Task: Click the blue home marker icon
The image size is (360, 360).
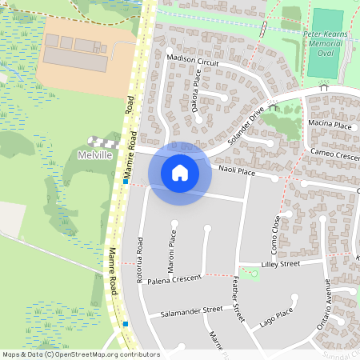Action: (x=180, y=173)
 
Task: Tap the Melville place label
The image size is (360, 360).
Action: (x=95, y=154)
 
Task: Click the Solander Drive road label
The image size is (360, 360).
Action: (x=245, y=125)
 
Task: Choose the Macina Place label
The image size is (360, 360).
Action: (x=330, y=126)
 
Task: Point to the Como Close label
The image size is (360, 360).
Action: (x=274, y=230)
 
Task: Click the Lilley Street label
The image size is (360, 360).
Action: (x=280, y=263)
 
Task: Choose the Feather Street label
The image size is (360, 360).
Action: (x=237, y=300)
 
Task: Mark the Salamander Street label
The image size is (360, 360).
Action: (x=190, y=311)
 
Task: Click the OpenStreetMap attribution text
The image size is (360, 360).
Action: (x=80, y=354)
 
